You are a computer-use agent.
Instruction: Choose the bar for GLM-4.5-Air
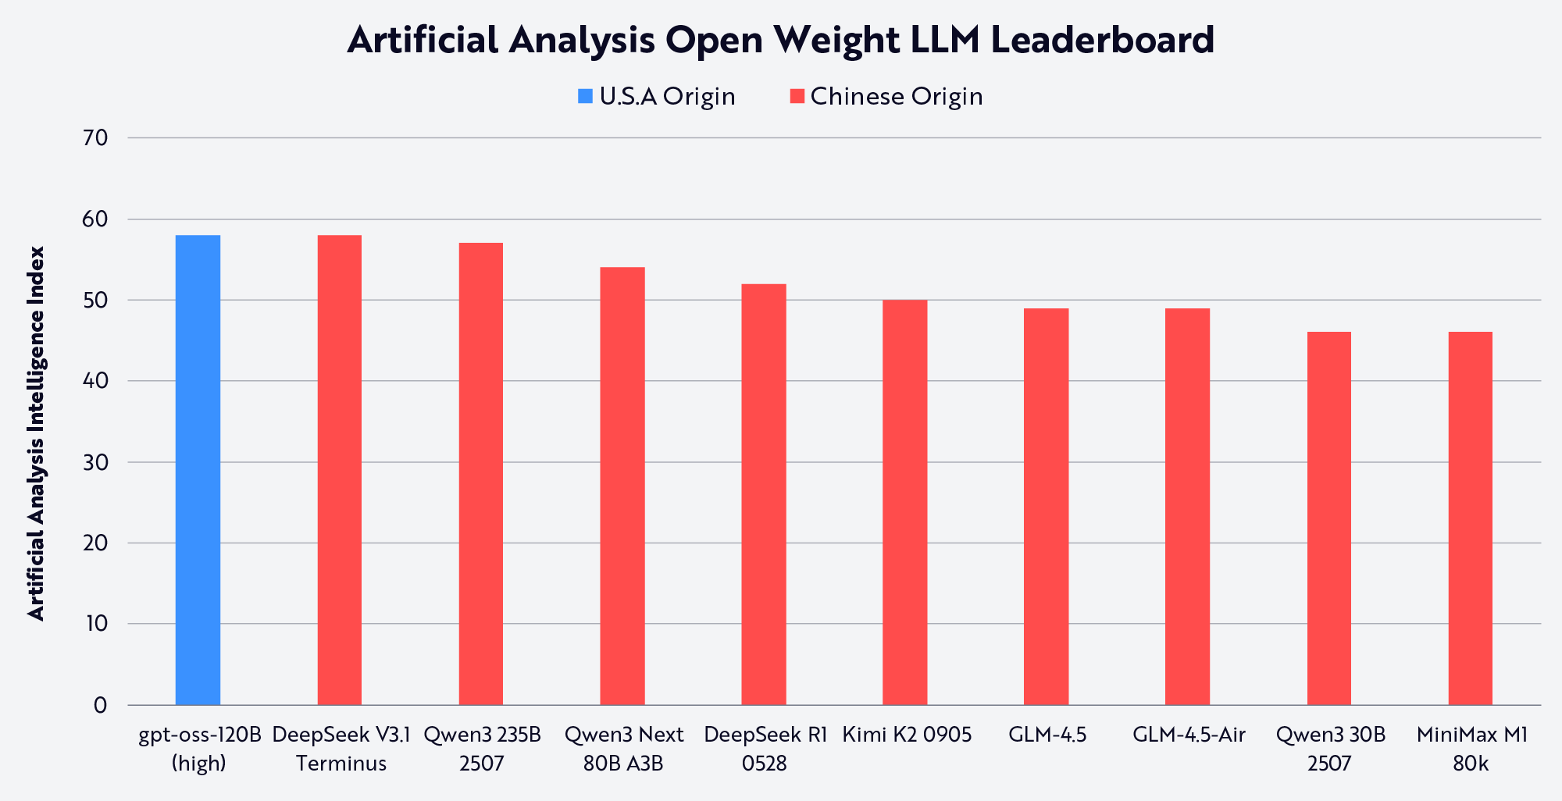point(1187,507)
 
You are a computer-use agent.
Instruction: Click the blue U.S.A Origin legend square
point(585,96)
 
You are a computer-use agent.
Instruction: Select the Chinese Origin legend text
point(896,96)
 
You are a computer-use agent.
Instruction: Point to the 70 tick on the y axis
point(95,138)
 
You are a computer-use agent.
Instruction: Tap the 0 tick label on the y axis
point(100,706)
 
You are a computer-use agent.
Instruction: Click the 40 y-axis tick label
point(95,382)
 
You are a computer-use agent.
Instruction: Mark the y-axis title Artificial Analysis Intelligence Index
point(37,433)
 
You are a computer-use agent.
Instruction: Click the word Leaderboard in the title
point(1102,39)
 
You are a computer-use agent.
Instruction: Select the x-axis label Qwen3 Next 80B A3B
point(623,749)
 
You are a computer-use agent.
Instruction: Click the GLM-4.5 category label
point(1047,735)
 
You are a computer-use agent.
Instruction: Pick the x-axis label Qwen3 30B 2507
point(1330,749)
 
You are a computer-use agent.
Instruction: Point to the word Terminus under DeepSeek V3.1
point(341,764)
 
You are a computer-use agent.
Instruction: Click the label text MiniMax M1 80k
point(1471,749)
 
